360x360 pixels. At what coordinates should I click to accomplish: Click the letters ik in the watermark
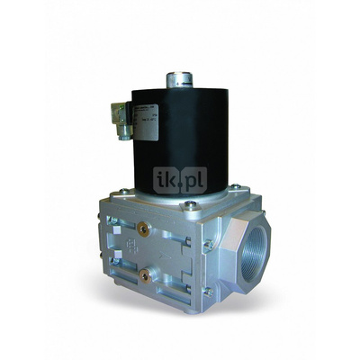coord(166,180)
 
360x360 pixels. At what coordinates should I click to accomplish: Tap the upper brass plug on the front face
coord(140,221)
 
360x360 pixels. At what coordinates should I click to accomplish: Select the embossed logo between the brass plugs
coord(140,245)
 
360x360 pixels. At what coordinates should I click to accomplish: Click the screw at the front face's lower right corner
coord(208,290)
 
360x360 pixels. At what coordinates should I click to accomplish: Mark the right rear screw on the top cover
coord(236,187)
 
